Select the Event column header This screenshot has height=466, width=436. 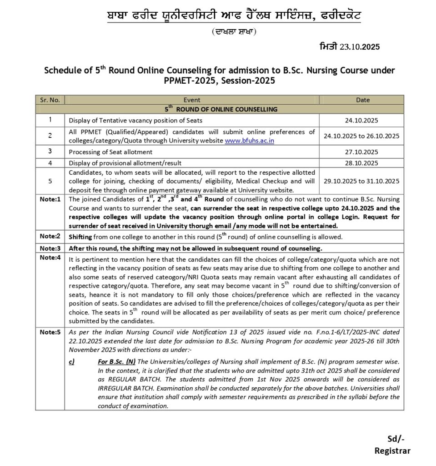[191, 100]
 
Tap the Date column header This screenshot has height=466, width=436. [362, 100]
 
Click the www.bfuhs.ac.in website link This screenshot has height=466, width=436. [249, 141]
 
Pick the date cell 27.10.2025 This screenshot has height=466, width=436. [362, 152]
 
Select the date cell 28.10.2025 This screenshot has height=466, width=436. [362, 162]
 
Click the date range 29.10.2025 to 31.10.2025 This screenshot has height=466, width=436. [362, 181]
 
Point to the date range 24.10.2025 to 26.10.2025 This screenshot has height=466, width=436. [362, 136]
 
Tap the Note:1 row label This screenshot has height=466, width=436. [50, 199]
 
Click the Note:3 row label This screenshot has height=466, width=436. [50, 248]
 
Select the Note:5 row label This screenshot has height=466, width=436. [50, 332]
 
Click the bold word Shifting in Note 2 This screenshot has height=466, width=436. [80, 237]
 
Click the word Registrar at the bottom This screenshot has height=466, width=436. [392, 451]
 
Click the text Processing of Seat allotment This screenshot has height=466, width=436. [110, 152]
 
